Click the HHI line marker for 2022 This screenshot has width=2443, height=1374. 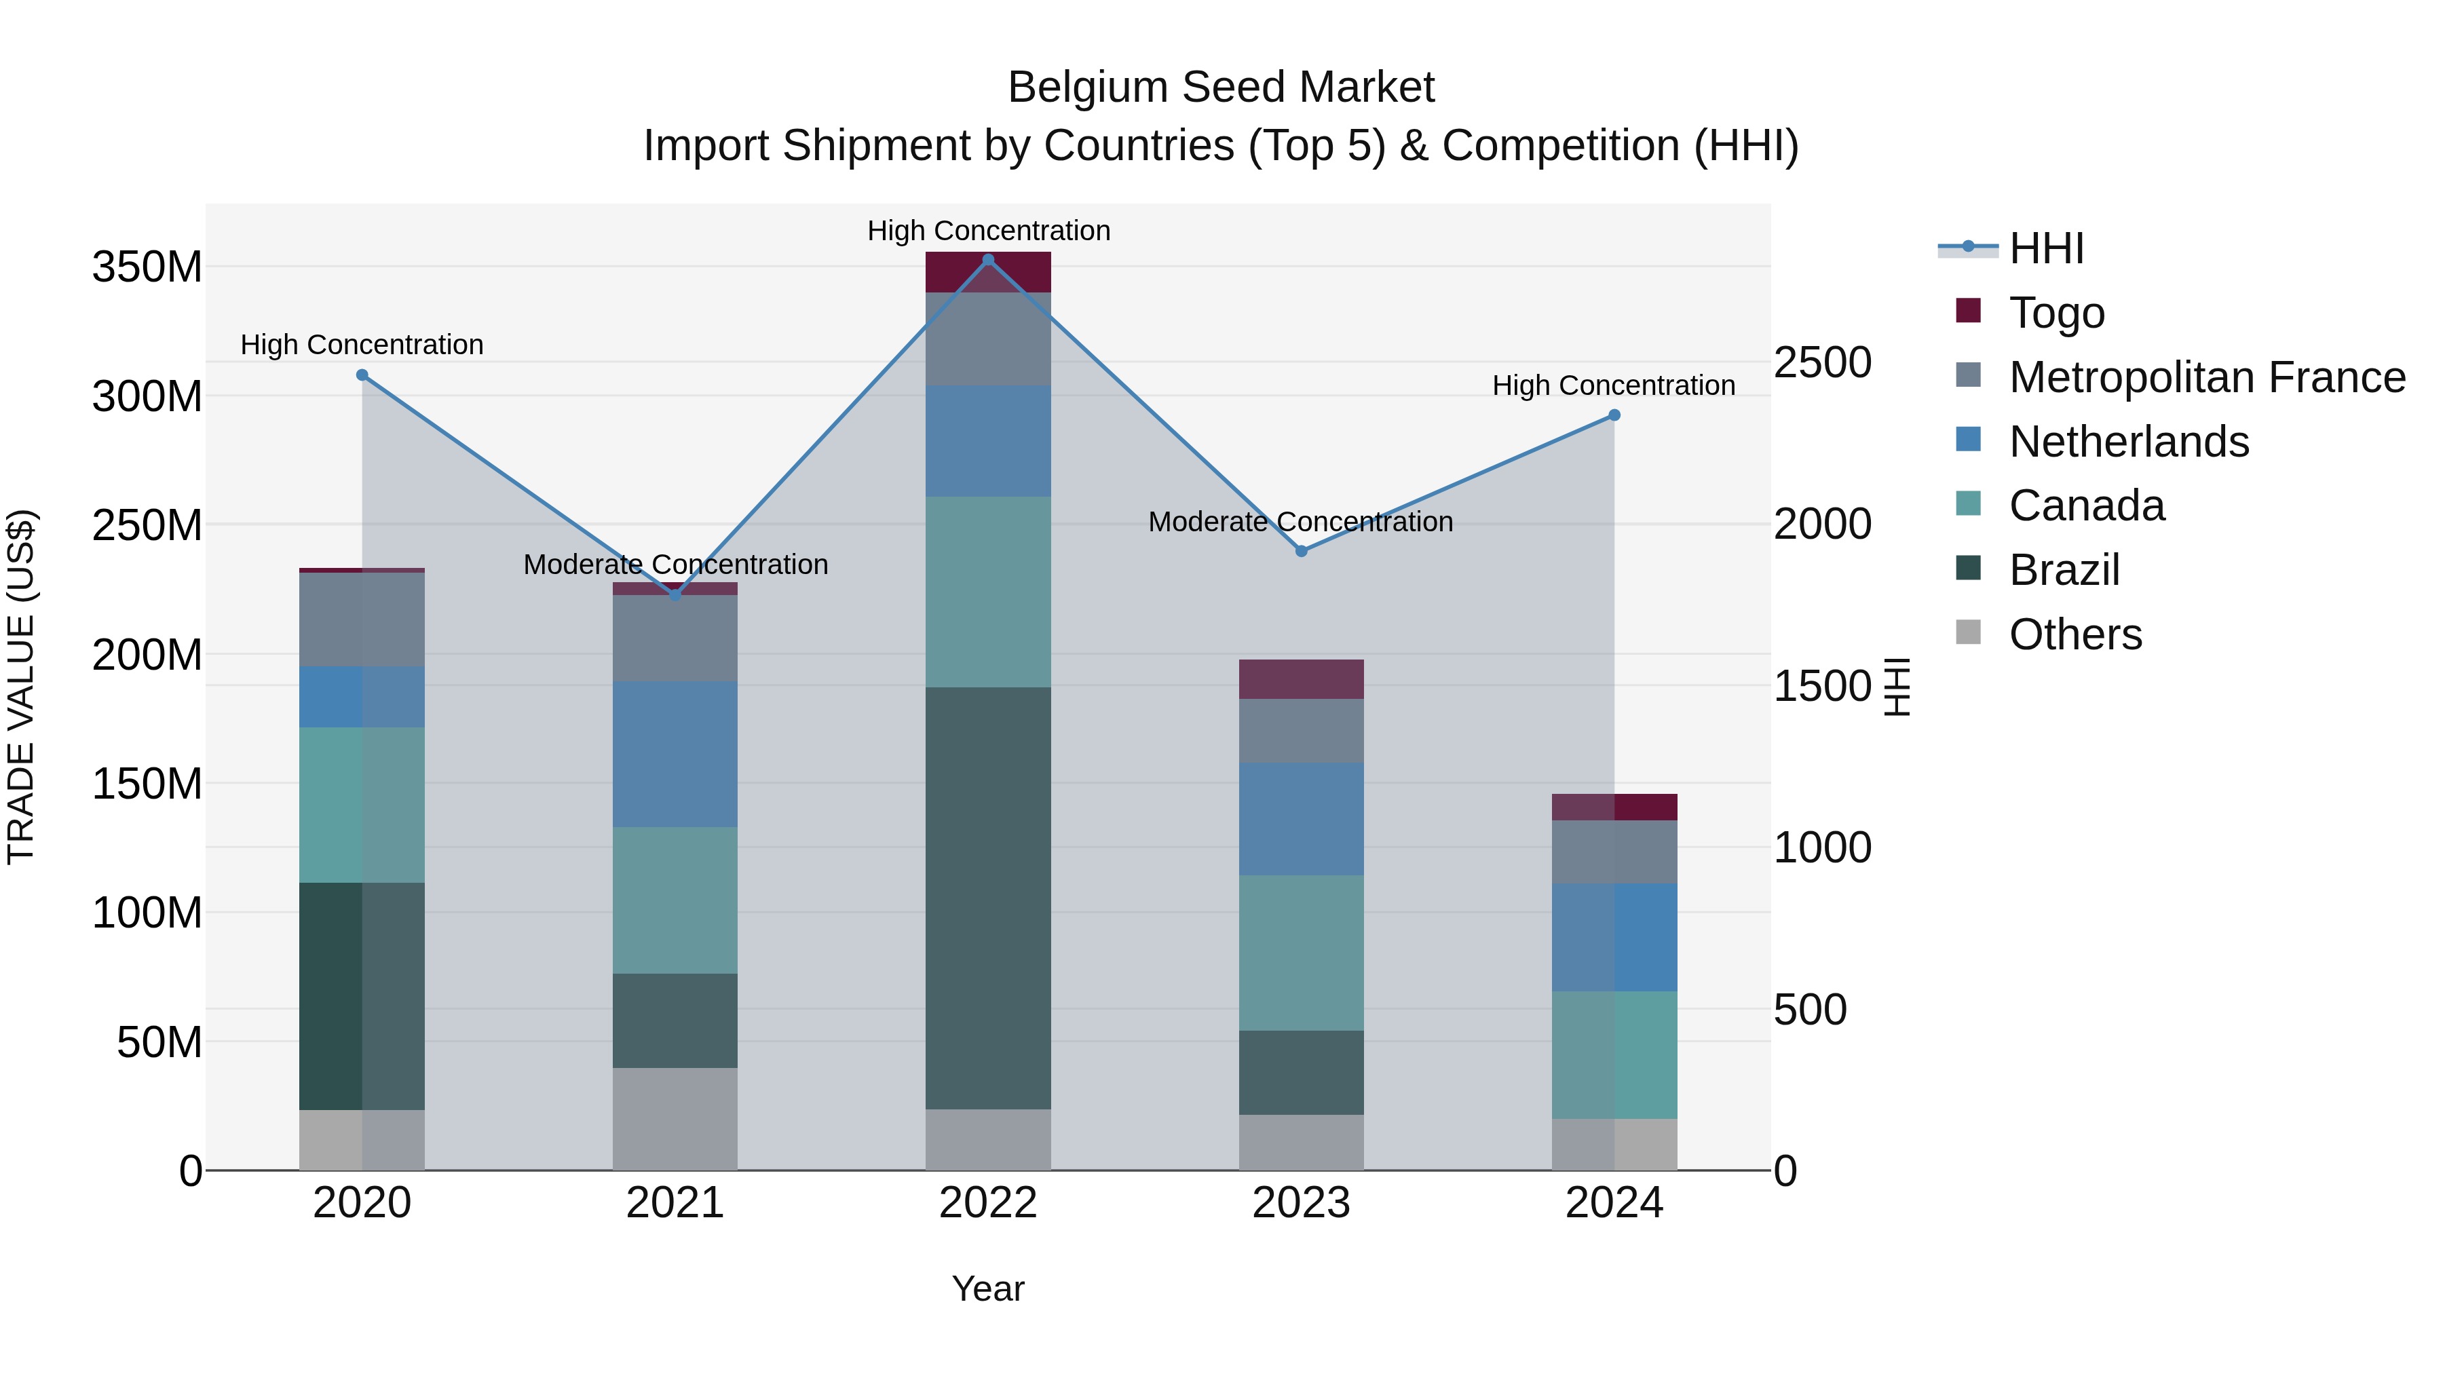coord(988,260)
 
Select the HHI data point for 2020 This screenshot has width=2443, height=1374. coord(362,375)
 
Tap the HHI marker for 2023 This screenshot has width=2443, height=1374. coord(1301,551)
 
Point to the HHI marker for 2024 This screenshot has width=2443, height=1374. coord(1614,415)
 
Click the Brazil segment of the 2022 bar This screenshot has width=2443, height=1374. coord(988,898)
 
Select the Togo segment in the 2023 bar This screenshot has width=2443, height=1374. coord(1301,679)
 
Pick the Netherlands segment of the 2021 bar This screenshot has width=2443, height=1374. coord(675,754)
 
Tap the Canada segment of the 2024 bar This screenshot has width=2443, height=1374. coord(1614,1054)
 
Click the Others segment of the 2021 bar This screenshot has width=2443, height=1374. coord(675,1119)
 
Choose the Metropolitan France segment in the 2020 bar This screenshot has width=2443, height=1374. coord(362,619)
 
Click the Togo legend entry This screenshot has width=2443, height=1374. coord(2057,313)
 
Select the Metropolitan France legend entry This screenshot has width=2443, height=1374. coord(2207,377)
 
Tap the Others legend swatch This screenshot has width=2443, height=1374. coord(1969,632)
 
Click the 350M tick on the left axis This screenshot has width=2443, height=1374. coord(147,267)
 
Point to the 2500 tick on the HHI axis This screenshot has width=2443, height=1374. coord(1822,362)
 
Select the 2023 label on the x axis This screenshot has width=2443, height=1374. coord(1301,1203)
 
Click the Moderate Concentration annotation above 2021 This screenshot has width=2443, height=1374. coord(675,565)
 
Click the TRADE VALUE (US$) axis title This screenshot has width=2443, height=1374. coord(21,687)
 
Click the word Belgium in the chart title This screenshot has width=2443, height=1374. coord(1087,88)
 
